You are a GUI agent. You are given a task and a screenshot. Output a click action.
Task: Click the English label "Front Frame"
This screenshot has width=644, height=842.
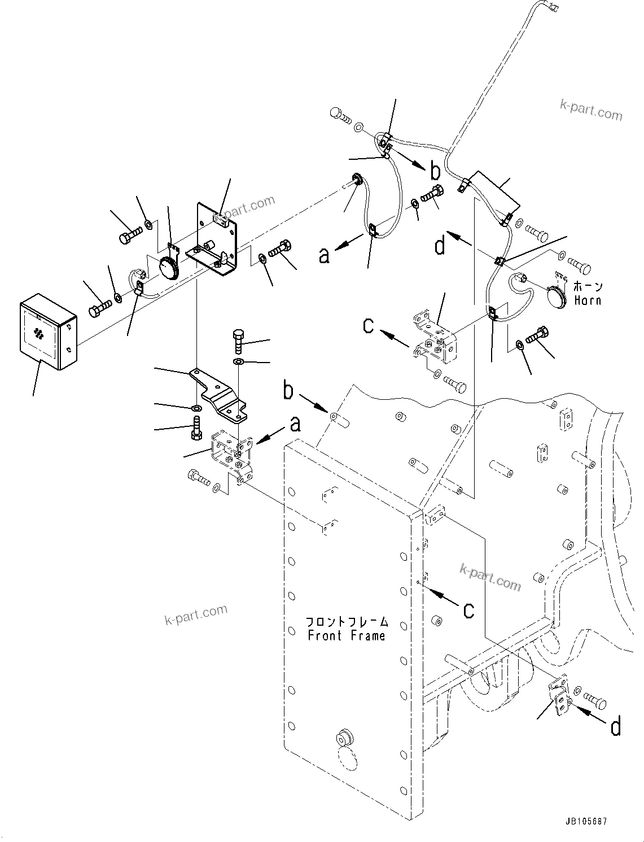pos(346,635)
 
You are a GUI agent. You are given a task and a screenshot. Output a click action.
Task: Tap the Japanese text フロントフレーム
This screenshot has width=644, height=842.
pos(347,621)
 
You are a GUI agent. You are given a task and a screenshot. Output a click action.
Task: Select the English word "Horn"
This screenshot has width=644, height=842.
pos(588,300)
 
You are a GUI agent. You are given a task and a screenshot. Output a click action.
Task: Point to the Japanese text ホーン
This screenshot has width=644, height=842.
pos(588,287)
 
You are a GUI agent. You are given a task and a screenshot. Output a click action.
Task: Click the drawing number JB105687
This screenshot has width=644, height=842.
pos(584,822)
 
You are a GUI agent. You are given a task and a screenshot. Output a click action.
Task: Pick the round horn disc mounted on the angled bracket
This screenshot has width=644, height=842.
pos(168,267)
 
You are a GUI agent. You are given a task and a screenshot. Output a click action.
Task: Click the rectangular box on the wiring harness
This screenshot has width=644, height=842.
pos(492,190)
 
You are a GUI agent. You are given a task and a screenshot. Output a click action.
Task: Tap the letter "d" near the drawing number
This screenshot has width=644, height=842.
pos(616,726)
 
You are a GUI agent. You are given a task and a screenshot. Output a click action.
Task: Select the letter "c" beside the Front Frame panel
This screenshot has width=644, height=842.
pos(468,609)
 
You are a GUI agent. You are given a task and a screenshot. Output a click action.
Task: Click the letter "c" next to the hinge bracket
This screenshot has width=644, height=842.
pos(368,325)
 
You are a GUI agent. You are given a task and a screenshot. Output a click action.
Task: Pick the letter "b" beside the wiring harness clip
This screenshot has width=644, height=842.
pos(435,172)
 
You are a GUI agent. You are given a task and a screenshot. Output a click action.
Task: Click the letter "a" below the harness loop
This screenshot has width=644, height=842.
pos(323,255)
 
